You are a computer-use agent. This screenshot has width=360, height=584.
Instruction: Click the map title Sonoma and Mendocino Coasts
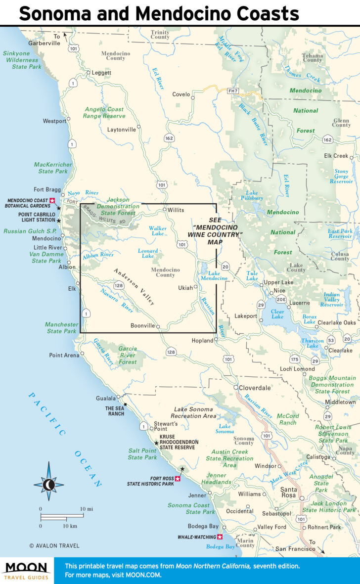click(159, 13)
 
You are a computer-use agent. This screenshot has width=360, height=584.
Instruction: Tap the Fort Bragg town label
click(46, 189)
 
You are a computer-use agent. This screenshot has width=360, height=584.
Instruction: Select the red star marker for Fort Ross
click(178, 479)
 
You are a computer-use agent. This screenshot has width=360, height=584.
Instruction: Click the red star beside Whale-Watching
click(220, 537)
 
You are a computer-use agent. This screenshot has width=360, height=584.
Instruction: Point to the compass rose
click(48, 484)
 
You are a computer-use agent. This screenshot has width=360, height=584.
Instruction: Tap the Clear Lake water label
click(277, 314)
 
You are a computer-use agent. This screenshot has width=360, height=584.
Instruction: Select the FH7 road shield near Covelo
click(232, 91)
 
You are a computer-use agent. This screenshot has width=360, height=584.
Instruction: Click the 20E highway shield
click(281, 300)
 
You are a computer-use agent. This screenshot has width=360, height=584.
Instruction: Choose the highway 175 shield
click(295, 359)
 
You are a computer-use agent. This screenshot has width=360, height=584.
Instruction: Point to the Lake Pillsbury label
click(252, 196)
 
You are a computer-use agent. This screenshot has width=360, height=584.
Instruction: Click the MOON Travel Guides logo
click(26, 571)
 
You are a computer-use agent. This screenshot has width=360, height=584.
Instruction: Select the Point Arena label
click(64, 355)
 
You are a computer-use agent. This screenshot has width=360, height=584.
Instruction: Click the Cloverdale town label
click(255, 388)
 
